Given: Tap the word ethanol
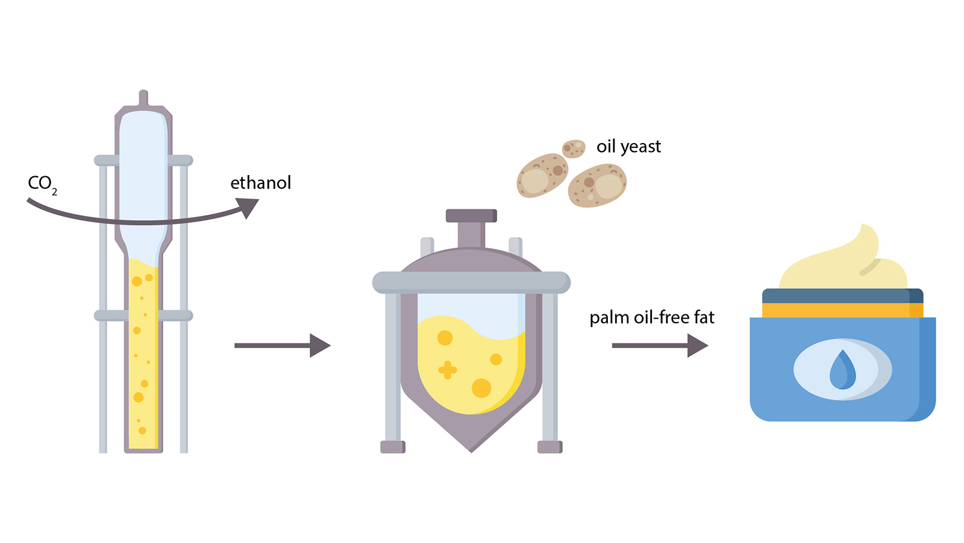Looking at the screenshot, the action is click(x=261, y=183).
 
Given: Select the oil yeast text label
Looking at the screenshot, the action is click(x=628, y=147).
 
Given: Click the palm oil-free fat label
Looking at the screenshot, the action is click(x=651, y=317).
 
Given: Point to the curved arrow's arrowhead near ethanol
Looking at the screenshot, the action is click(x=248, y=208).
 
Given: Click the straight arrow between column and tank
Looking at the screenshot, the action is click(x=283, y=345).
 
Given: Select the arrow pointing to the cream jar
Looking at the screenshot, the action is click(x=660, y=345).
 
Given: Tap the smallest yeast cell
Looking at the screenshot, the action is click(x=574, y=148).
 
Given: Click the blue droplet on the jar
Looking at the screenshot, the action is click(x=843, y=369).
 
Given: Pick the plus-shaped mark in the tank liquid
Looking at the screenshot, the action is click(x=448, y=370).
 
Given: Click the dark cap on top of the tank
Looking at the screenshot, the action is click(x=471, y=215).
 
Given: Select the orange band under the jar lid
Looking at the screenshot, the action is click(x=843, y=310).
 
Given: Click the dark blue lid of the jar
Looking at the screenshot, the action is click(x=843, y=296).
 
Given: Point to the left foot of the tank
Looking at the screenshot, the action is click(x=393, y=447).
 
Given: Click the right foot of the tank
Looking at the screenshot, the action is click(x=550, y=447).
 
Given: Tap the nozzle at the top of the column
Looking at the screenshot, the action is click(x=143, y=98).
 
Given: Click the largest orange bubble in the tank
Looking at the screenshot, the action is click(x=481, y=388).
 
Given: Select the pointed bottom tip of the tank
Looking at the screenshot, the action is click(x=471, y=452).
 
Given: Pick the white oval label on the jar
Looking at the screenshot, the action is click(x=843, y=369).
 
